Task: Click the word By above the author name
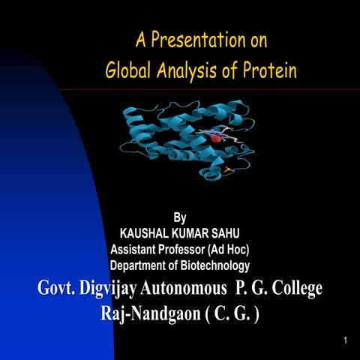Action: pos(180,218)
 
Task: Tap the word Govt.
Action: pos(59,288)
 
